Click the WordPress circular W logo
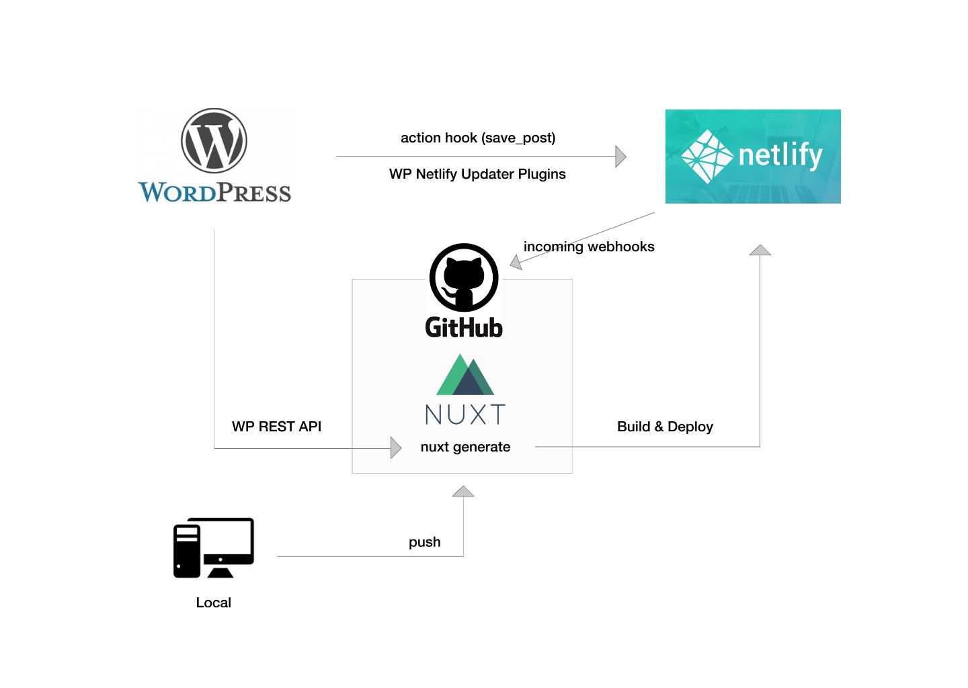214,141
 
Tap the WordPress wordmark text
214,193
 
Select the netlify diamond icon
707,157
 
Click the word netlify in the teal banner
780,155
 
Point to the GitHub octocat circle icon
464,277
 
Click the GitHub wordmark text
464,328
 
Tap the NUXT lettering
465,415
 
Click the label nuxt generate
465,447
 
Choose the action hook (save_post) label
478,138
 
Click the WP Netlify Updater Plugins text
477,174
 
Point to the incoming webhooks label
589,247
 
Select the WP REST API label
276,427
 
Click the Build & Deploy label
665,427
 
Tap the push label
425,542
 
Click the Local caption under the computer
213,603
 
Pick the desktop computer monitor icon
214,548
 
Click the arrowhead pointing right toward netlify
620,157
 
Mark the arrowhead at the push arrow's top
463,491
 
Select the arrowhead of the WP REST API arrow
395,447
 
